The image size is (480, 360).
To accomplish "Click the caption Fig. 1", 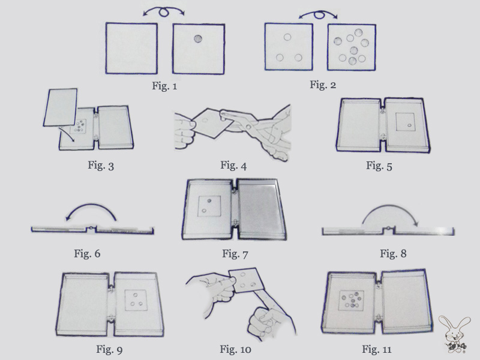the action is click(164, 86).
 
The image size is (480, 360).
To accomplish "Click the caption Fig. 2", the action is click(323, 85).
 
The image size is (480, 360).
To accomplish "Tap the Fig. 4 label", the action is click(233, 166).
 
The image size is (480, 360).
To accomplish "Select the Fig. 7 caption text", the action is click(235, 254).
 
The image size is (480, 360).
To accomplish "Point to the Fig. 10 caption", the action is click(235, 349).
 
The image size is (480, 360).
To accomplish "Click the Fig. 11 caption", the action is click(377, 349).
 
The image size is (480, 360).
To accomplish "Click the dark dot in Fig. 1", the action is click(198, 39).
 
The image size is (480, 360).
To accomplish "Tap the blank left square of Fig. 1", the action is click(131, 48).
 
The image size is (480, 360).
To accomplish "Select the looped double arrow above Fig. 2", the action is click(319, 13).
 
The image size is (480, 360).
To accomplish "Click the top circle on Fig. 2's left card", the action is click(287, 37).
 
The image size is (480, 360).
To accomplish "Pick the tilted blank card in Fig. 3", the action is click(61, 107).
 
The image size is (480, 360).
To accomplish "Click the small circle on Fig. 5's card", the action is click(409, 125).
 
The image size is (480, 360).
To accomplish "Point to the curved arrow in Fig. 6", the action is click(91, 204).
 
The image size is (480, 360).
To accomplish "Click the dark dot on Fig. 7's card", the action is click(209, 201).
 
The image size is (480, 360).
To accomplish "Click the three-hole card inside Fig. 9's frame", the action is click(136, 300).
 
